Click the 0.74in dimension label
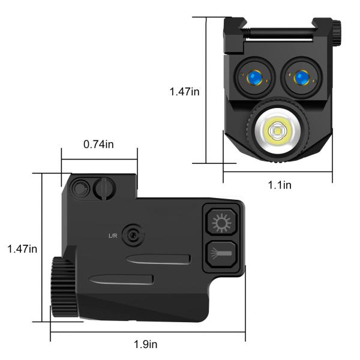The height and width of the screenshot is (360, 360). tap(99, 145)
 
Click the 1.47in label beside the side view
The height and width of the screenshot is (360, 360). tap(22, 248)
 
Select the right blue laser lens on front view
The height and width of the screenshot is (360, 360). tap(298, 77)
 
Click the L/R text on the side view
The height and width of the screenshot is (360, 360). tap(112, 235)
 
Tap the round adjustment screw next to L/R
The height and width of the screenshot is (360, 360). tap(133, 234)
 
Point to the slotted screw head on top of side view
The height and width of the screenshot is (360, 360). tap(104, 188)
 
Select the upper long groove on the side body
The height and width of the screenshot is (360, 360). tap(159, 259)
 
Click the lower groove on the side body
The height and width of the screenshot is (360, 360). tap(121, 279)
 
